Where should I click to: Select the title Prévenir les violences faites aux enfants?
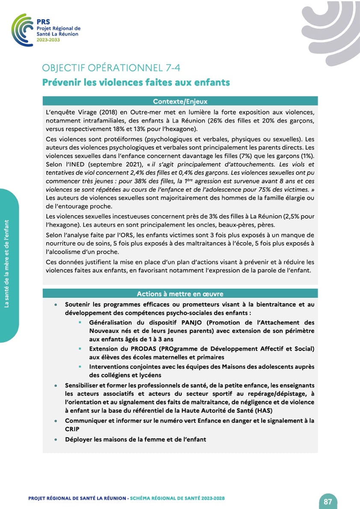coord(136,82)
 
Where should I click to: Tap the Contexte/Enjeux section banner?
coord(180,101)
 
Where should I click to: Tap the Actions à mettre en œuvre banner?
coord(180,294)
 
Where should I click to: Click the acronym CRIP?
coord(72,429)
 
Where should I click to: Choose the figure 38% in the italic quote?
coord(143,181)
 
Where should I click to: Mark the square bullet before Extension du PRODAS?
coord(80,349)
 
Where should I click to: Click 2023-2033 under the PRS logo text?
coord(48,39)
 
